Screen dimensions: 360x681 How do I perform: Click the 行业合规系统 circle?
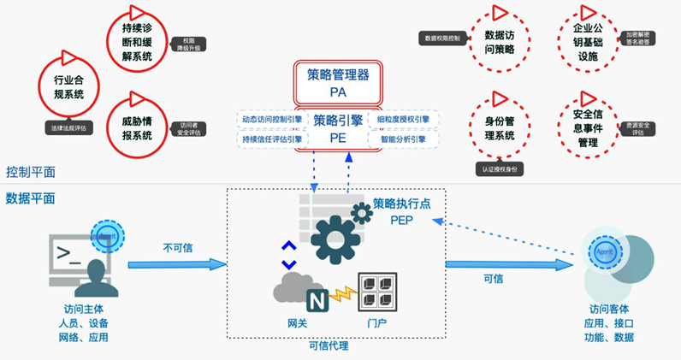62,86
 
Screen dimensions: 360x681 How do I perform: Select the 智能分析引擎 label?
403,139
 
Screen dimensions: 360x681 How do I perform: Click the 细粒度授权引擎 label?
403,120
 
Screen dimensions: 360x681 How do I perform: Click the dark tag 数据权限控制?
441,38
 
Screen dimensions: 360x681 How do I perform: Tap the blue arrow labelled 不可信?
178,264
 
